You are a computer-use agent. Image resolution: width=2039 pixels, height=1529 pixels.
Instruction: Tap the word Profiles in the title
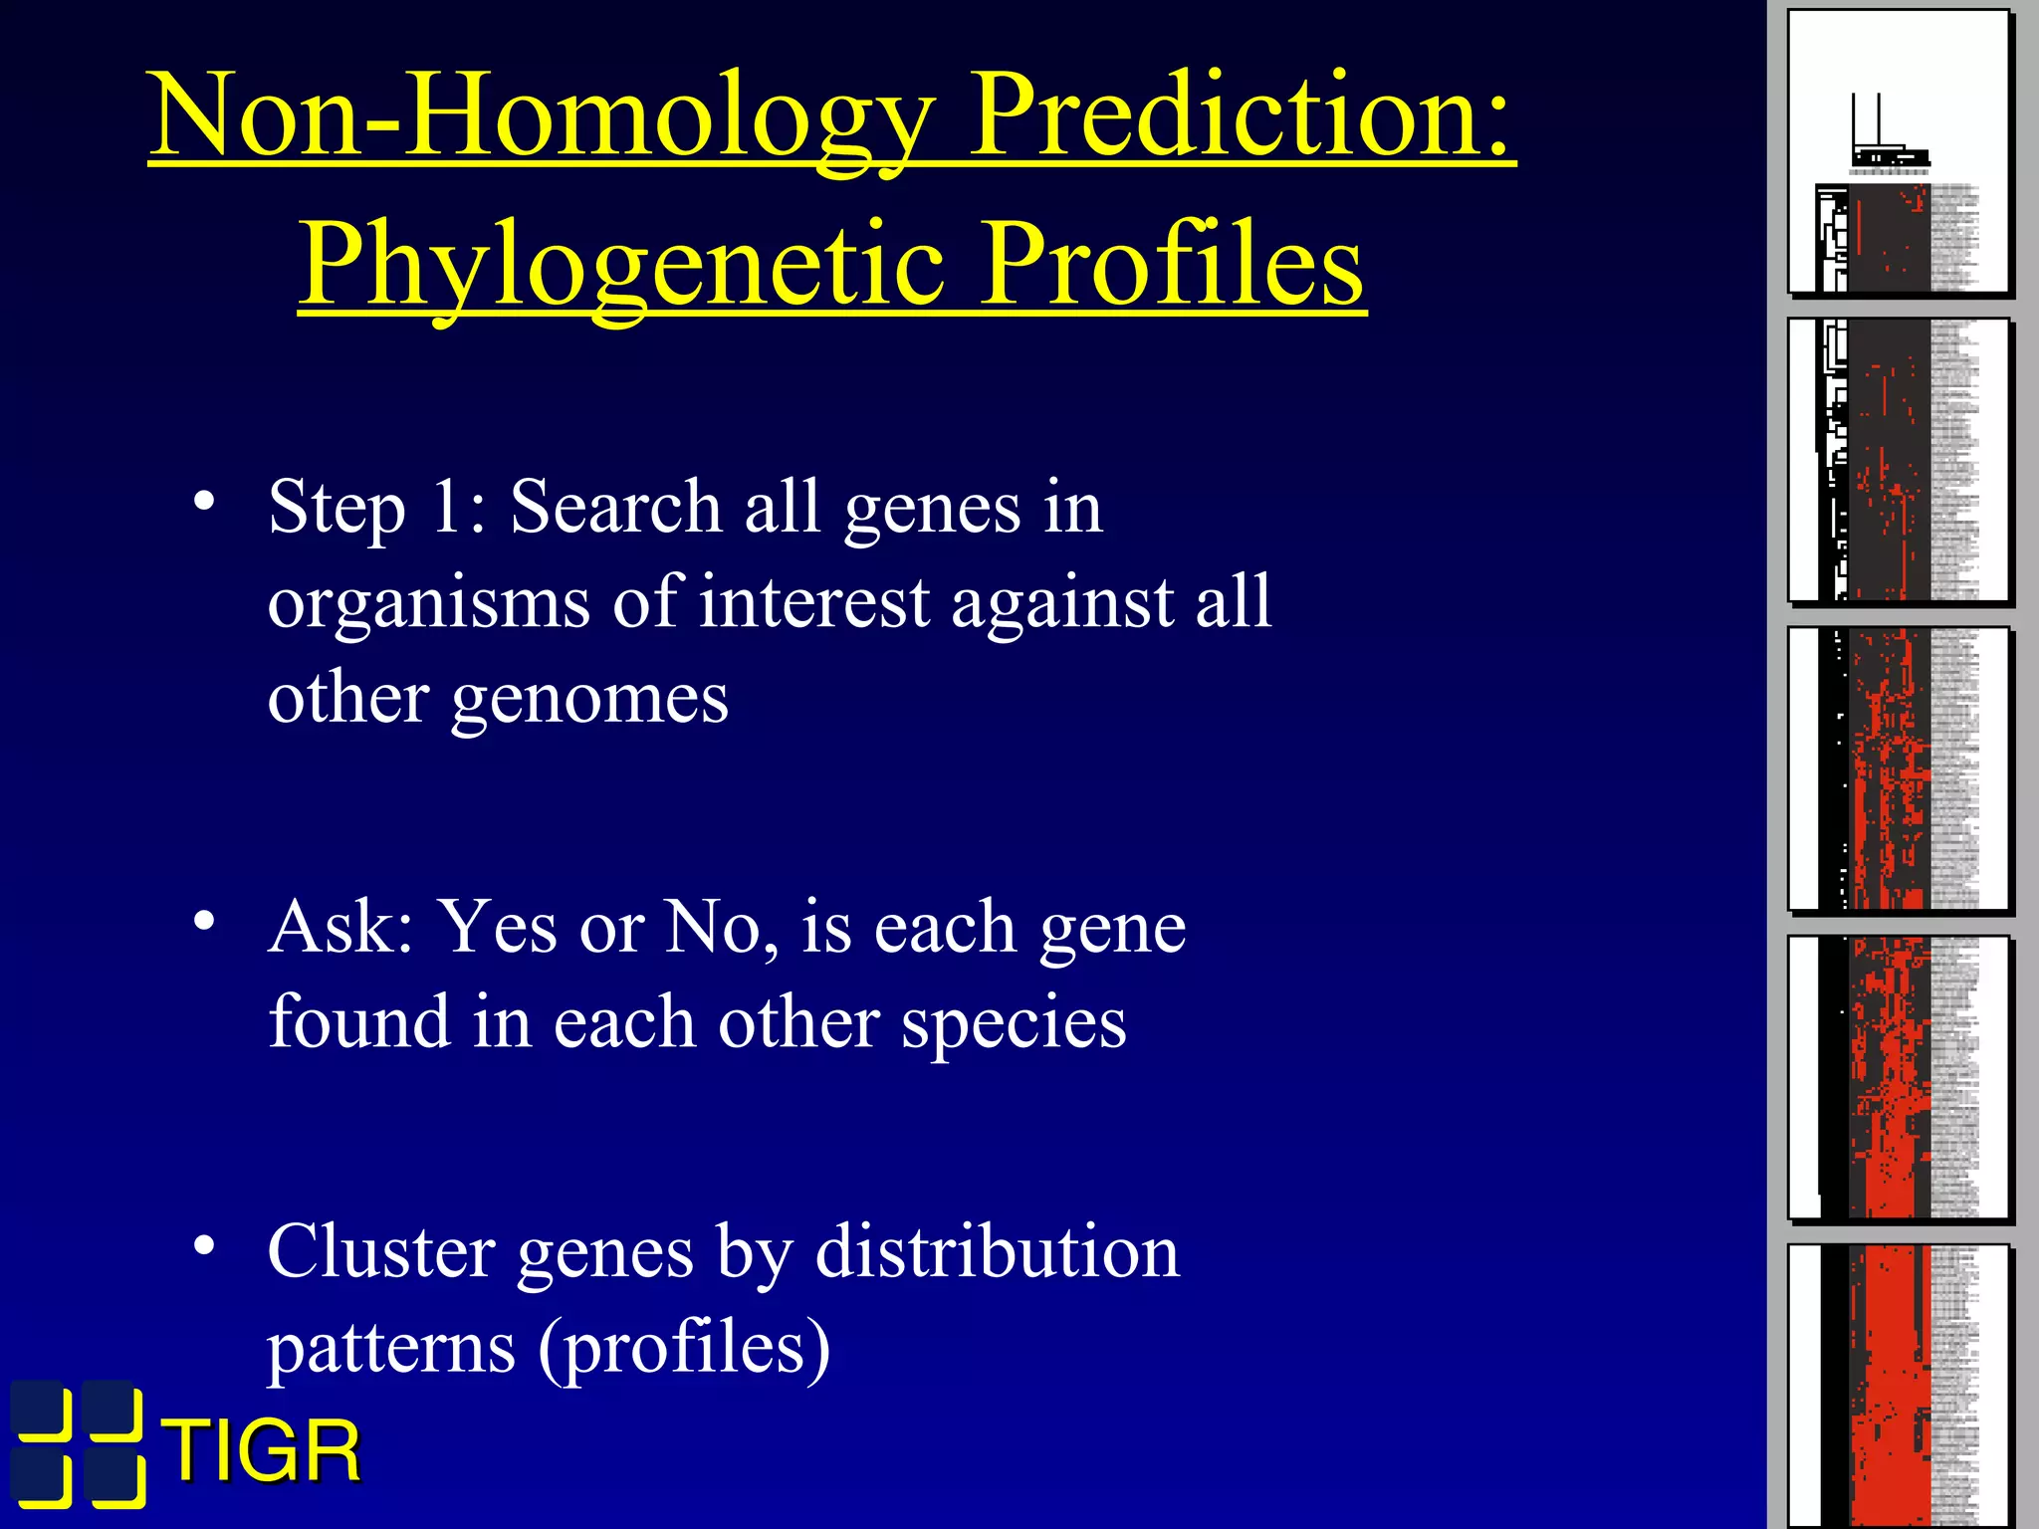coord(1175,264)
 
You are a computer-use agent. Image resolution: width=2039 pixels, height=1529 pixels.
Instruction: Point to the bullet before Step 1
coord(204,501)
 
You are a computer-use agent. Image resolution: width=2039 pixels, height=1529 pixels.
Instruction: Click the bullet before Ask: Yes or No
coord(204,921)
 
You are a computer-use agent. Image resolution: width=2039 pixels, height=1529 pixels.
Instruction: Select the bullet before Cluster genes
coord(204,1245)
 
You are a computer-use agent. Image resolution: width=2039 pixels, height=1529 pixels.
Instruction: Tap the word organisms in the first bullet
coord(428,603)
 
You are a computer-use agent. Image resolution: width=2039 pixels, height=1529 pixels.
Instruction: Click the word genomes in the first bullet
coord(589,699)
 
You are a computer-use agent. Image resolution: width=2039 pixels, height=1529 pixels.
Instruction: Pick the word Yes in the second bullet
coord(498,927)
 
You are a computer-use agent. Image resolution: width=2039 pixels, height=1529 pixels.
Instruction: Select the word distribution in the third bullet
coord(997,1251)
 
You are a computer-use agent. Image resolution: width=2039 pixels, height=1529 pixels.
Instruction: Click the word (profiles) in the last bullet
coord(684,1347)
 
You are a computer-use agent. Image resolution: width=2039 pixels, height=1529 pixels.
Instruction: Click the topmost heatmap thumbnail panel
coord(1899,151)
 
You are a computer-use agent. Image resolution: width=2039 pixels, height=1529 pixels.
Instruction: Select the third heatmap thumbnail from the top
coord(1899,768)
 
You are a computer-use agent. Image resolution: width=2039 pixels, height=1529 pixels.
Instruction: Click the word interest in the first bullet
coord(813,601)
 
